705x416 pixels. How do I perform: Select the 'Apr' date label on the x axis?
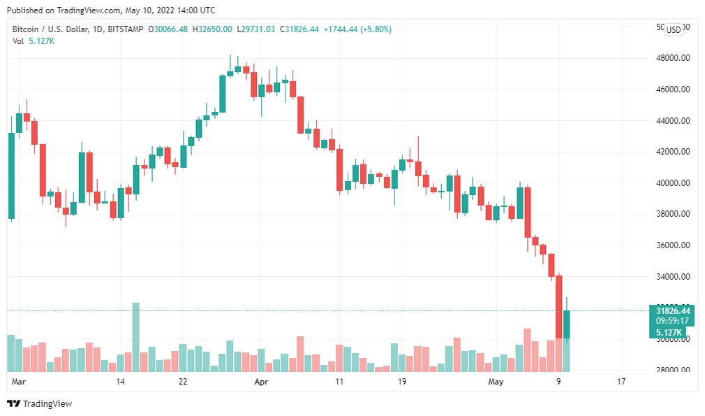coord(261,382)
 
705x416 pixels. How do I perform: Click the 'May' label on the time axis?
coord(495,382)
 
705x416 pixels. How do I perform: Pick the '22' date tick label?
coord(183,382)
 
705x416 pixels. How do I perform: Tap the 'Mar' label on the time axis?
coord(19,382)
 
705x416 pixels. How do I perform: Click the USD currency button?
coord(674,29)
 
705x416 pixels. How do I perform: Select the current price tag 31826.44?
coord(673,311)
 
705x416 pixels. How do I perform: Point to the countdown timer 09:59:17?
coord(673,322)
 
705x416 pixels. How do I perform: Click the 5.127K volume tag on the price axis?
coord(669,332)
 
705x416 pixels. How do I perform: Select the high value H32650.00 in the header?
coord(214,29)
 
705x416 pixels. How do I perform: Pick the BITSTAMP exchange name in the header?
coord(126,29)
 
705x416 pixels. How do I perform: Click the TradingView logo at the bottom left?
coord(40,403)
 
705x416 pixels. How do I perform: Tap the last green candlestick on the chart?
coord(567,324)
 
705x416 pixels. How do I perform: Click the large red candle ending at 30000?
coord(559,307)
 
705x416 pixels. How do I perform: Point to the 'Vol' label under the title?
coord(18,41)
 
